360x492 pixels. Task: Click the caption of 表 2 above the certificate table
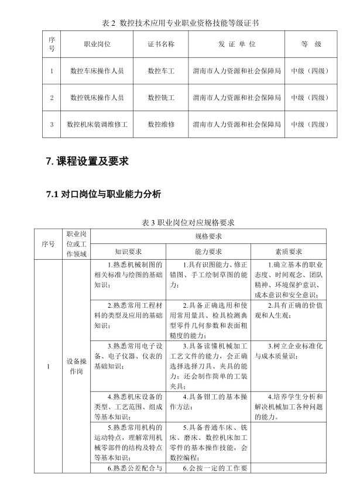pos(180,23)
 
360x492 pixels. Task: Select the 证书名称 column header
pos(161,44)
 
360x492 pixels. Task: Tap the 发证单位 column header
pos(237,44)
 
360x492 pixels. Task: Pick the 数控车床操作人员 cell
pos(97,71)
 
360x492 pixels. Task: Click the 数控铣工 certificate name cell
pos(161,98)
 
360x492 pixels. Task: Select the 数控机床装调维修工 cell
pos(97,124)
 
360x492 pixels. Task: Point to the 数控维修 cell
pos(161,124)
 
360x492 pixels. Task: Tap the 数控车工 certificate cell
pos(161,71)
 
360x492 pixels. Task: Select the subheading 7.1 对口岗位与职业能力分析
pos(102,194)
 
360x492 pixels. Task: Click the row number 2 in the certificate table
pos(52,98)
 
